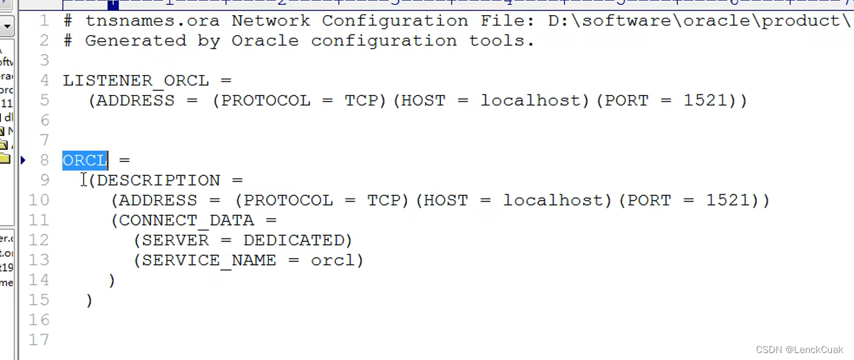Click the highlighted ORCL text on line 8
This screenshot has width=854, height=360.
tap(85, 161)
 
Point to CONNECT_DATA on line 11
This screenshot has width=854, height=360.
tap(187, 221)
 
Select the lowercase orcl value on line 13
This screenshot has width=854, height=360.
tap(333, 261)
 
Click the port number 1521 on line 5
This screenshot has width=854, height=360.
tap(706, 101)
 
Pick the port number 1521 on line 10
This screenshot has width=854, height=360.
tap(728, 201)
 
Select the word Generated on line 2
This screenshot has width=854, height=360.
tap(136, 41)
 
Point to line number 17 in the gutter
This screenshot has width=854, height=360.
tap(39, 340)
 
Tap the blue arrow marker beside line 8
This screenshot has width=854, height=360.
tap(23, 161)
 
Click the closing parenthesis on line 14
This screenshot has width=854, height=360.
tap(112, 281)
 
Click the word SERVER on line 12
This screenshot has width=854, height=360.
tap(175, 241)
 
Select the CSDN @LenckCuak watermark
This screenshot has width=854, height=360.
tap(799, 350)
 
